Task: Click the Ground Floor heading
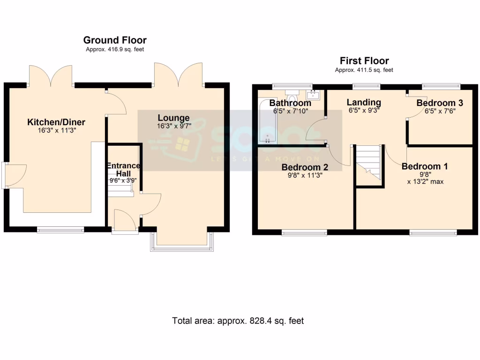tap(115, 40)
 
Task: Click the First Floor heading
tap(364, 61)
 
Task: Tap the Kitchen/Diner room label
tap(56, 122)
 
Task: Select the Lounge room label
tap(173, 118)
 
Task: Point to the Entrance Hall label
tap(123, 169)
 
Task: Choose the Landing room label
tap(364, 102)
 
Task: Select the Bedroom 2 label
tap(305, 167)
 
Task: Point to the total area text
tap(238, 321)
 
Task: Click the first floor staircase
tap(368, 162)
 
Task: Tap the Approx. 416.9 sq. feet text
tap(115, 50)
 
